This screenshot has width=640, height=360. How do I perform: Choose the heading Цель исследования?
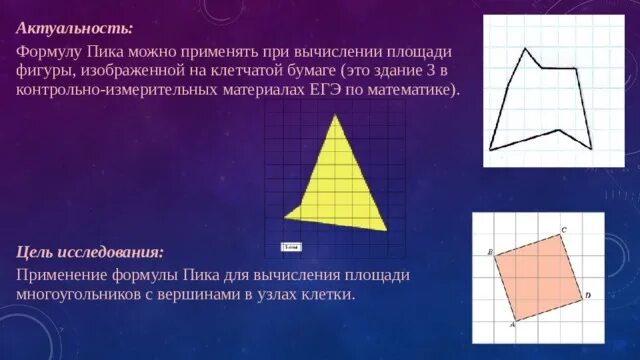coord(89,252)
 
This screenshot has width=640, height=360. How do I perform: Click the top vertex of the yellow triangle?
coord(337,116)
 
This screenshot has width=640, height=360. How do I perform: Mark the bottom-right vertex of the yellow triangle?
coord(387,229)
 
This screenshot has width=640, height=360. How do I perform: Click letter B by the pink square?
coord(490,252)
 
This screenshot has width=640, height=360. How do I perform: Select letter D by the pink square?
coord(588,295)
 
